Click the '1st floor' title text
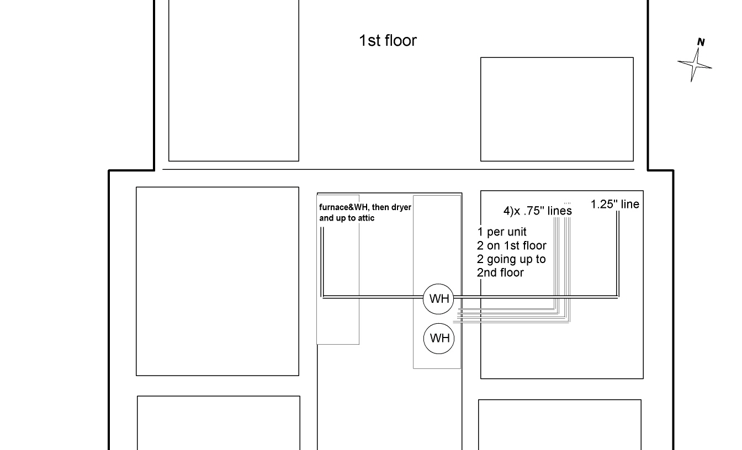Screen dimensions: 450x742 point(388,41)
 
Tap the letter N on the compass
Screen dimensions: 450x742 point(701,42)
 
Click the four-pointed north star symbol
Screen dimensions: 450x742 point(695,65)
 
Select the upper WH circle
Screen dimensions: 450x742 point(439,299)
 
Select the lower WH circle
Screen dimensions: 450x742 point(439,338)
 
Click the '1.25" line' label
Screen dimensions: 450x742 point(614,205)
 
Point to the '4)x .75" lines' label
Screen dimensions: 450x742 point(537,211)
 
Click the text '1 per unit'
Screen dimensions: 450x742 point(502,232)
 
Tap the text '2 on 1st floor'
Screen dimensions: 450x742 point(511,246)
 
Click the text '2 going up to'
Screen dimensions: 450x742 point(511,259)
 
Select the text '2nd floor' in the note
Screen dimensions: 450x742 point(500,272)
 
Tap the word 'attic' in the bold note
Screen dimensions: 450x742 point(364,218)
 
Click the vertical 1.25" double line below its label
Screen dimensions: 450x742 point(617,254)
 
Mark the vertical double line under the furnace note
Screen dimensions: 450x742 point(322,259)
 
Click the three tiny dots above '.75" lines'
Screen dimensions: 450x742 point(567,203)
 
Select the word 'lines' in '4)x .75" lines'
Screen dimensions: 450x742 point(560,211)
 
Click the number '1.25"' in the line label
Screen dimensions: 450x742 point(603,205)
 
